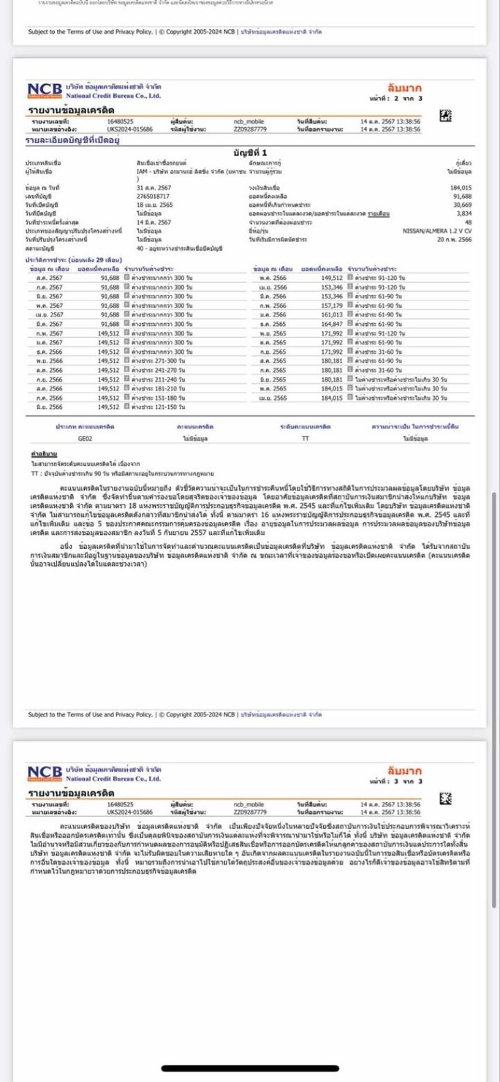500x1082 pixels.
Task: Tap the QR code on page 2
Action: [x=445, y=116]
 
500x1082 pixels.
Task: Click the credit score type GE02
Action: [x=86, y=438]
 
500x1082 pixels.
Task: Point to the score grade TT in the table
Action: [x=305, y=438]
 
